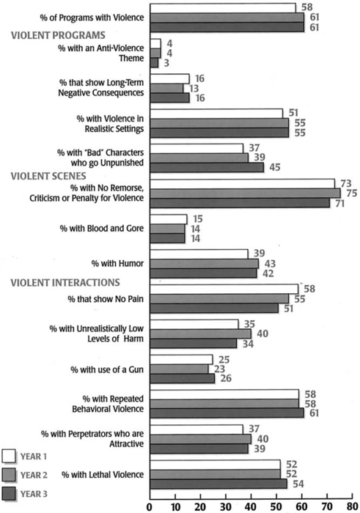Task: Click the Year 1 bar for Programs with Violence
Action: coord(223,8)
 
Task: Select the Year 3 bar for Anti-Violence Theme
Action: coord(154,63)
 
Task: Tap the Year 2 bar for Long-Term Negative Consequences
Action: coord(166,89)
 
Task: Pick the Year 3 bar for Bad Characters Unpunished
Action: coord(207,168)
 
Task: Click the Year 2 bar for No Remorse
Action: coord(245,193)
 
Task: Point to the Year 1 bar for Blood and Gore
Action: coord(169,219)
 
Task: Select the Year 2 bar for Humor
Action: coord(205,264)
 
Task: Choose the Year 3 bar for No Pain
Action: coord(214,309)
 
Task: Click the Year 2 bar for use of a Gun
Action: coord(180,369)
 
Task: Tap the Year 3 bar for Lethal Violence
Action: coord(218,484)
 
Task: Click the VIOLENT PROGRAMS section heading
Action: coord(58,35)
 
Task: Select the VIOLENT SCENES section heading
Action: coord(48,176)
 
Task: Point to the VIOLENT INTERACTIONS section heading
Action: coord(65,282)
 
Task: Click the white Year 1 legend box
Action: coord(9,456)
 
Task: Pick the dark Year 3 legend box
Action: coord(9,494)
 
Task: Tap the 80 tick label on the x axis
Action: coord(353,506)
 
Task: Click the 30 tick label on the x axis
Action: coord(226,506)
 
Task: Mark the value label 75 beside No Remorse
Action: coord(351,193)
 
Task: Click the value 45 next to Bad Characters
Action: coord(274,167)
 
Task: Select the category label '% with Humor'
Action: coord(117,264)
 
